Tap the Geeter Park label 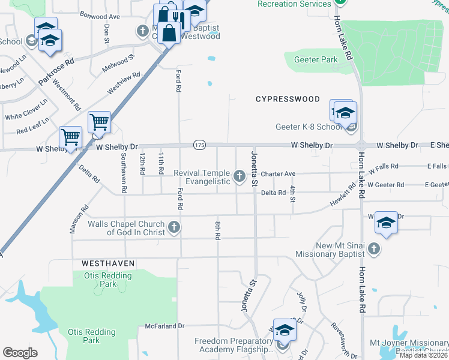click(315, 60)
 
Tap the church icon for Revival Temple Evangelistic click(240, 176)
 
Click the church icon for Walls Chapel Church click(174, 227)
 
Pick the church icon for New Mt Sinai click(373, 248)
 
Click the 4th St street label click(292, 194)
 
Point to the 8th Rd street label click(217, 230)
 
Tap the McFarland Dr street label click(164, 326)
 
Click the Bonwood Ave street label click(100, 16)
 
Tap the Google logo click(20, 352)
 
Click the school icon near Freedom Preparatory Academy click(285, 331)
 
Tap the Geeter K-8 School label click(308, 127)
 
